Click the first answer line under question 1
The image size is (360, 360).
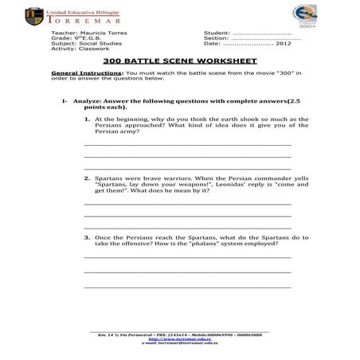click(x=187, y=144)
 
